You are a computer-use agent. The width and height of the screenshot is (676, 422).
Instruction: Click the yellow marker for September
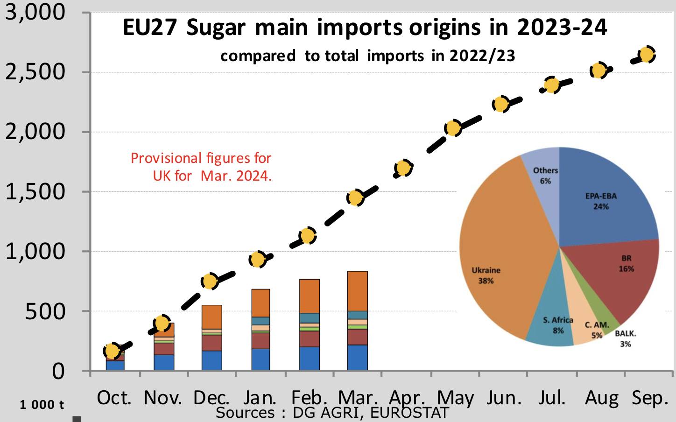click(647, 55)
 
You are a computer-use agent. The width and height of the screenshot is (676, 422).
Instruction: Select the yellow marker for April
click(403, 168)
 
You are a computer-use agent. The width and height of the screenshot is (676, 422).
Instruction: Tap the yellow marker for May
click(452, 128)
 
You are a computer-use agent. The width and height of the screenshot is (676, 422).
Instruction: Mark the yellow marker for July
click(552, 85)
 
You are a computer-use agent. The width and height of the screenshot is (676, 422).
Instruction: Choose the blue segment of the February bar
click(310, 359)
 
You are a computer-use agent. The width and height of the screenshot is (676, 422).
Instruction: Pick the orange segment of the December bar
click(211, 317)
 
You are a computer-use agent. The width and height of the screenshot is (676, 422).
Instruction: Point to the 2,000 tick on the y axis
click(35, 132)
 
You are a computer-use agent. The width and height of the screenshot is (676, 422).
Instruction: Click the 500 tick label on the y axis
click(45, 311)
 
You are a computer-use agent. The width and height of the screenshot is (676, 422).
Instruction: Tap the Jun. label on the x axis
click(504, 398)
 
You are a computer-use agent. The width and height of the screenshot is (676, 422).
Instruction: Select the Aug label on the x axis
click(602, 398)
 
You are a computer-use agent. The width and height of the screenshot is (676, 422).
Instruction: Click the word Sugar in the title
click(216, 28)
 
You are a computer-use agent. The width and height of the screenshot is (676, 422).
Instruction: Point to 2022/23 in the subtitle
click(482, 56)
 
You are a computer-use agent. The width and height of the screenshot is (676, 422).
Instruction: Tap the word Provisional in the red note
click(166, 158)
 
